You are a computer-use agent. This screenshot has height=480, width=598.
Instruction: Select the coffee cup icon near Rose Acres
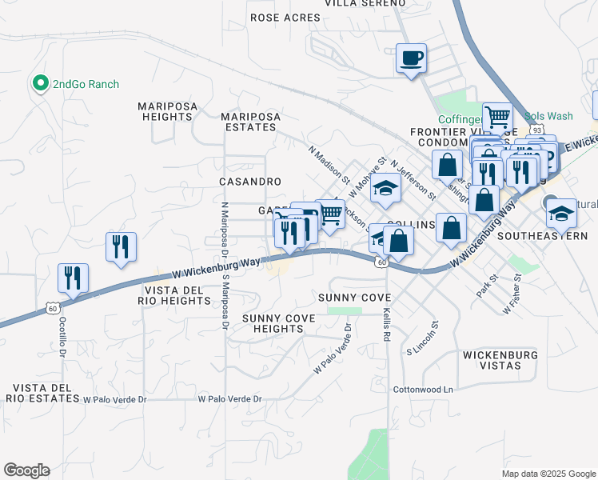(x=411, y=58)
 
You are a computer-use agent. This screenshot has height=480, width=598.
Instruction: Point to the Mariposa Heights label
(x=165, y=111)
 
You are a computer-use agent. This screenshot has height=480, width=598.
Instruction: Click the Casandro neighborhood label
(x=250, y=182)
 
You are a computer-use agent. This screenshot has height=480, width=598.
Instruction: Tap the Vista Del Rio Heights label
(x=176, y=294)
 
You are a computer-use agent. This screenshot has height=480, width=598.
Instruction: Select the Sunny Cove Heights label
(x=278, y=323)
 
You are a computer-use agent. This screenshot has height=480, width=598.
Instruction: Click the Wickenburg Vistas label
(x=503, y=359)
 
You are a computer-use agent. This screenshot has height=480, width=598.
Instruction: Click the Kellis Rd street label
(x=386, y=326)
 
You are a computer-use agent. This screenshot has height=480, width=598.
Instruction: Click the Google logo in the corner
(x=26, y=470)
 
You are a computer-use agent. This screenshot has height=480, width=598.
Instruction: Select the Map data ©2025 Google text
(x=548, y=474)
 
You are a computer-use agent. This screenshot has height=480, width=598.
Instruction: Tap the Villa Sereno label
(x=365, y=3)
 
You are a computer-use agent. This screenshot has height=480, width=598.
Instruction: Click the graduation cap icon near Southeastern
(x=562, y=213)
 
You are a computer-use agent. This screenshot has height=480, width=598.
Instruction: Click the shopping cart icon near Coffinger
(x=496, y=117)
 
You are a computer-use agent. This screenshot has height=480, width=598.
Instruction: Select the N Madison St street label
(x=329, y=164)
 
